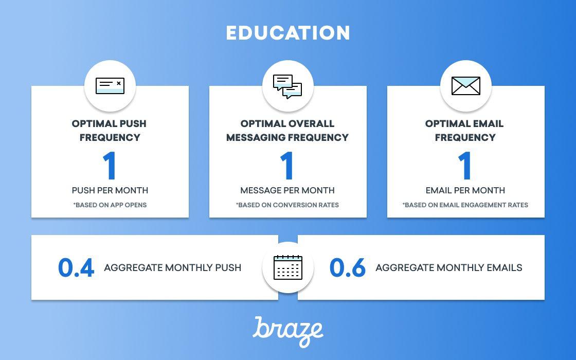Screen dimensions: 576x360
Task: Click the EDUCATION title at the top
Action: click(x=287, y=33)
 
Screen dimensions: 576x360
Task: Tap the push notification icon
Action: click(x=110, y=85)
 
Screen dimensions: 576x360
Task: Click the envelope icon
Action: click(x=465, y=85)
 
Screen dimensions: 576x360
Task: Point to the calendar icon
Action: click(x=287, y=267)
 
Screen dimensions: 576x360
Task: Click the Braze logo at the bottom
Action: click(x=287, y=331)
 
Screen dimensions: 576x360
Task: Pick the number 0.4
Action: click(x=76, y=267)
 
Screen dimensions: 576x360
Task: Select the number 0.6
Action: click(x=348, y=267)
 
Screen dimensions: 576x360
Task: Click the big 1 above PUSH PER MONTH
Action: click(x=110, y=166)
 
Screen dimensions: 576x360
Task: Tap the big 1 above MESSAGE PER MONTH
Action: click(x=287, y=166)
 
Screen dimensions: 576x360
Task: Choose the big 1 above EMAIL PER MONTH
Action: click(x=465, y=166)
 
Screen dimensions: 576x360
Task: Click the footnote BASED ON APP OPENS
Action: click(x=110, y=205)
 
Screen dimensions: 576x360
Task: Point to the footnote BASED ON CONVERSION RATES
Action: click(x=287, y=205)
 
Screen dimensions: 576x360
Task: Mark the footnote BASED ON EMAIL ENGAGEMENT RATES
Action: click(x=465, y=205)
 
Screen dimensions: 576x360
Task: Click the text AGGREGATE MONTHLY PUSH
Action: click(x=173, y=267)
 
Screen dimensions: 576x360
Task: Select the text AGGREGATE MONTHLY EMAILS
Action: click(x=448, y=267)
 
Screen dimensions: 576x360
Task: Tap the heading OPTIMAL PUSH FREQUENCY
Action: click(x=110, y=131)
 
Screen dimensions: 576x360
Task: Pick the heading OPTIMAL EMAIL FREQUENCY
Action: click(x=465, y=131)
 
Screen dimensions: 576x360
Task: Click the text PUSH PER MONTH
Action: click(x=110, y=190)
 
